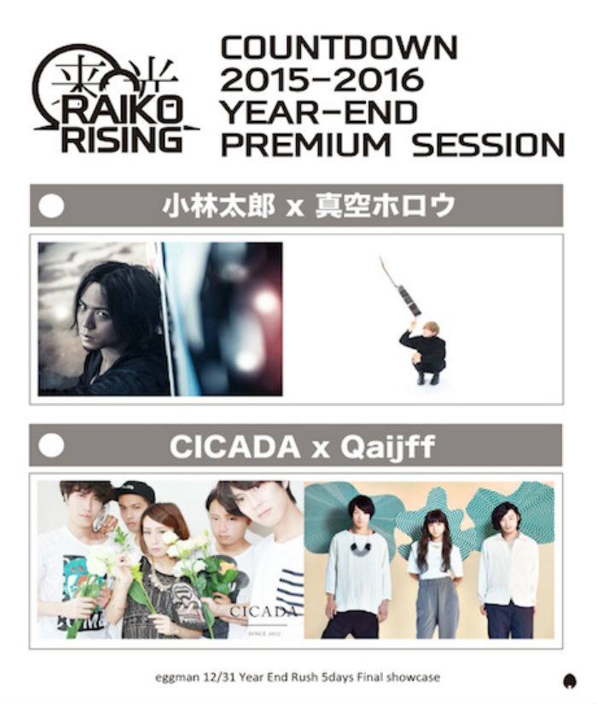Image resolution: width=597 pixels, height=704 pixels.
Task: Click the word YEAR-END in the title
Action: pyautogui.click(x=319, y=112)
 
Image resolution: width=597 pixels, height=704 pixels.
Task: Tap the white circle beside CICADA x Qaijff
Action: pyautogui.click(x=51, y=446)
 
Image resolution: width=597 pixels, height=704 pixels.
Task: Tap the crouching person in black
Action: pyautogui.click(x=424, y=353)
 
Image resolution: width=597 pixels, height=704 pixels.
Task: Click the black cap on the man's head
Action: pyautogui.click(x=136, y=492)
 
